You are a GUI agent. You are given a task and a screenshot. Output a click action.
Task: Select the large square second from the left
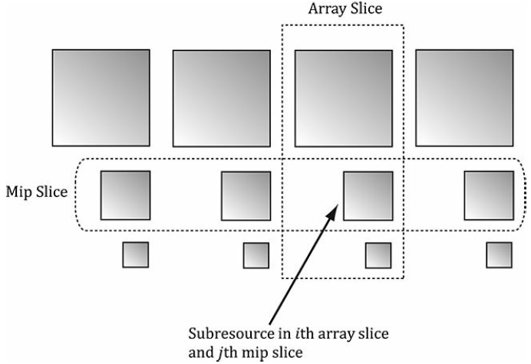coord(222,99)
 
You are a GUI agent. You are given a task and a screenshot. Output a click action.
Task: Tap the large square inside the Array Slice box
coord(343,98)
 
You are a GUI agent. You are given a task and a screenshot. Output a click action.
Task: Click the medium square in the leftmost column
coord(125,195)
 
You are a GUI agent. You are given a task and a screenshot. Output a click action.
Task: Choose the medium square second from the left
coord(246,195)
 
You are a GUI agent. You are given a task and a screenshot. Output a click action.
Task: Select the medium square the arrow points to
coord(368,195)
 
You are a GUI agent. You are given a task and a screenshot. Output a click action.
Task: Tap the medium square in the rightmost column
coord(490,195)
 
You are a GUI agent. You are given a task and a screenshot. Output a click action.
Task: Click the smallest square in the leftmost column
coord(135,254)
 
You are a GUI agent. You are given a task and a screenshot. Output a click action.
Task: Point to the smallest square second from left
coord(256,255)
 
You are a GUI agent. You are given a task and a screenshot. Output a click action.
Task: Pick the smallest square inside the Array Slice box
coord(378,255)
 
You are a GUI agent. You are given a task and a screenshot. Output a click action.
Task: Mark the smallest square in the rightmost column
coord(499,255)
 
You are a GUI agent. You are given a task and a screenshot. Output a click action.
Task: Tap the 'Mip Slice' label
coord(35,189)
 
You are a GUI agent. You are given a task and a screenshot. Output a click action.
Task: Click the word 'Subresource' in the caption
coord(229,334)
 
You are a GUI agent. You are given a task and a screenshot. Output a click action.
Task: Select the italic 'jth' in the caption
coord(226,353)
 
